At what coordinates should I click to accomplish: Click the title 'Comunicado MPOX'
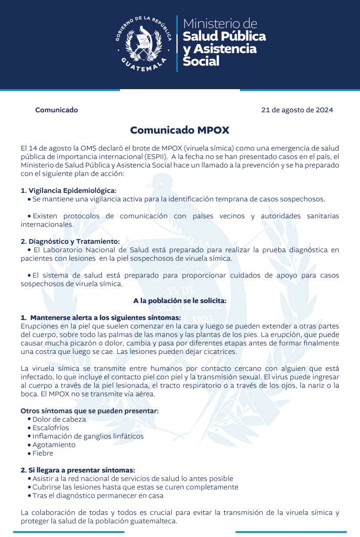pyautogui.click(x=180, y=130)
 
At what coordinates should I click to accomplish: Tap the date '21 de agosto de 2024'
pyautogui.click(x=297, y=110)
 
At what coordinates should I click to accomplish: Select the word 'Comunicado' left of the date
pyautogui.click(x=57, y=110)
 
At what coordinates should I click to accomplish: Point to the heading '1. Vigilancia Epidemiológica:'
pyautogui.click(x=68, y=190)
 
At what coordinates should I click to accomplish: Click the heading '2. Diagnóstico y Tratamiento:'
pyautogui.click(x=70, y=241)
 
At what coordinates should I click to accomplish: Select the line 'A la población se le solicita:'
pyautogui.click(x=180, y=300)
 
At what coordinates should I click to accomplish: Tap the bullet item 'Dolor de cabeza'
pyautogui.click(x=59, y=419)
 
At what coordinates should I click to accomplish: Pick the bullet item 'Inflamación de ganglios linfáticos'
pyautogui.click(x=88, y=436)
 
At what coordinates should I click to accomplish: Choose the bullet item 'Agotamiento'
pyautogui.click(x=54, y=445)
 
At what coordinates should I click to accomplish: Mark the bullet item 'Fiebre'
pyautogui.click(x=43, y=453)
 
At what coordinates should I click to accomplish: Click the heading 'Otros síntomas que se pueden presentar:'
pyautogui.click(x=89, y=410)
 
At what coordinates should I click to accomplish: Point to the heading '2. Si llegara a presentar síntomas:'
pyautogui.click(x=78, y=470)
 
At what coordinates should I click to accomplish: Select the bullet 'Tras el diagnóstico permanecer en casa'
pyautogui.click(x=98, y=495)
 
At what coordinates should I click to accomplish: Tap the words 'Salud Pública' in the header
pyautogui.click(x=224, y=36)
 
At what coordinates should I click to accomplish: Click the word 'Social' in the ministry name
pyautogui.click(x=201, y=61)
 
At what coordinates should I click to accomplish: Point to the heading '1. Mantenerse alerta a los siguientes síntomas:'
pyautogui.click(x=101, y=318)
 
